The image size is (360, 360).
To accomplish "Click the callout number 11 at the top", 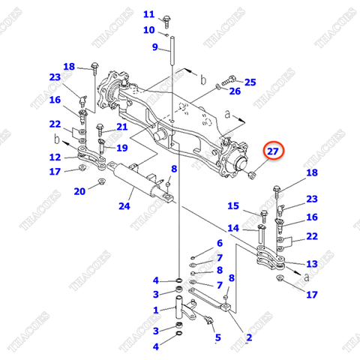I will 148,14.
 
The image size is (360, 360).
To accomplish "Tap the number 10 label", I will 148,30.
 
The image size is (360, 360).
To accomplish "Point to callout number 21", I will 121,127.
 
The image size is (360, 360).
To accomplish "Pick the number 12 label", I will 55,157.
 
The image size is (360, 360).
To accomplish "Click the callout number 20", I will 79,191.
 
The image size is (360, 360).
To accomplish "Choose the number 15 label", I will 233,206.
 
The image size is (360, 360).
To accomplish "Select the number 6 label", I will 220,243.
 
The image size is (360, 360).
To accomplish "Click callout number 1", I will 156,310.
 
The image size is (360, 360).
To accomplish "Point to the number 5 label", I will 217,338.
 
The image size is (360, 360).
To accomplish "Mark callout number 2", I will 248,338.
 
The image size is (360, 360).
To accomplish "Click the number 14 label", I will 233,228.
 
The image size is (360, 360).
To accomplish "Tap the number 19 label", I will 121,148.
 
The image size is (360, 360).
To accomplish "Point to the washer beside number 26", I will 218,88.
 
